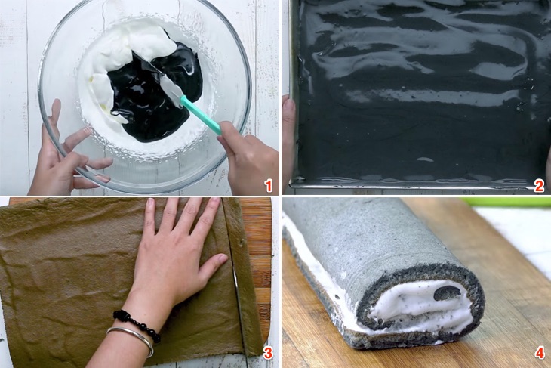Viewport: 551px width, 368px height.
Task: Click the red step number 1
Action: pos(269,185)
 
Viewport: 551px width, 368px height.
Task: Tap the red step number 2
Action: pos(539,186)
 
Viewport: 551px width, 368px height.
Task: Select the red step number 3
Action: pos(268,353)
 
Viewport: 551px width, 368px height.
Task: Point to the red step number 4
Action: pos(540,353)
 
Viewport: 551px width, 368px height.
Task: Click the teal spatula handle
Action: pos(201,115)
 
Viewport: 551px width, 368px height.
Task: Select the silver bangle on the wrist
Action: pos(131,339)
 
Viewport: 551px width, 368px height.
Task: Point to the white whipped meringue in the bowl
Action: pos(134,46)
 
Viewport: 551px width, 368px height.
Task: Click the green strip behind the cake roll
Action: pos(506,202)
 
